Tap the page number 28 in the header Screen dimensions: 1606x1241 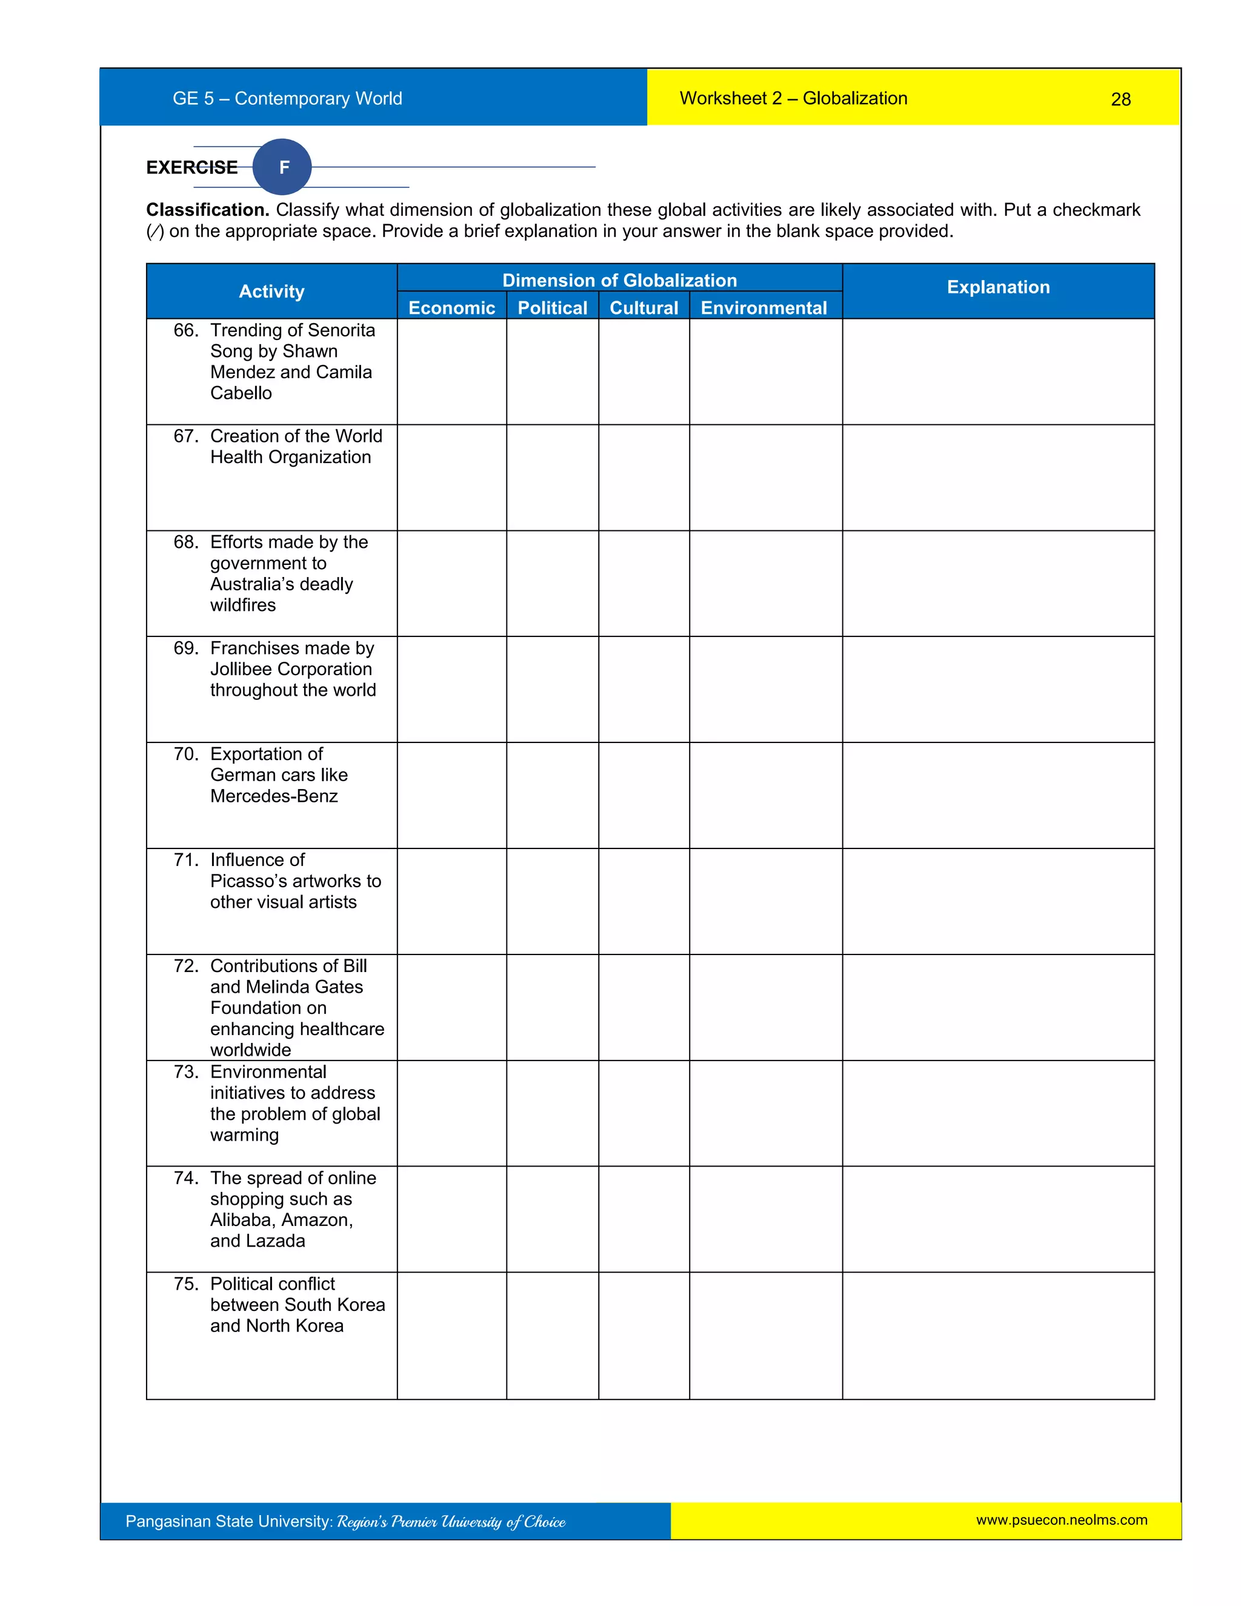1120,99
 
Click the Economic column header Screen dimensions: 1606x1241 451,307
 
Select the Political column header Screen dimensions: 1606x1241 552,307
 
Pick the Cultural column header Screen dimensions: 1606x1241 644,307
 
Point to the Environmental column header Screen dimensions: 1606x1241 764,307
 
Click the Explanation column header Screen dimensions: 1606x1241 997,287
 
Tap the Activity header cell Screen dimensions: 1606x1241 271,291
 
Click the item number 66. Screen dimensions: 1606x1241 186,330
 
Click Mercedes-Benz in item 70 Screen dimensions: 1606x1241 273,796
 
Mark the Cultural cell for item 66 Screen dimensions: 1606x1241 644,372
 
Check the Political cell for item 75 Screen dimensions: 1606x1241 552,1335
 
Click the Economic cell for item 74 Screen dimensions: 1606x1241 451,1219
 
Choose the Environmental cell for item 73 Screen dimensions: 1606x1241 765,1113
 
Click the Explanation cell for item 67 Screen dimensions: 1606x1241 997,477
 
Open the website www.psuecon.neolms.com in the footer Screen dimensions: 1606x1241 1061,1520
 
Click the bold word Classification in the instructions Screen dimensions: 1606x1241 207,210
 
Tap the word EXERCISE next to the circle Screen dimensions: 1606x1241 192,168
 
